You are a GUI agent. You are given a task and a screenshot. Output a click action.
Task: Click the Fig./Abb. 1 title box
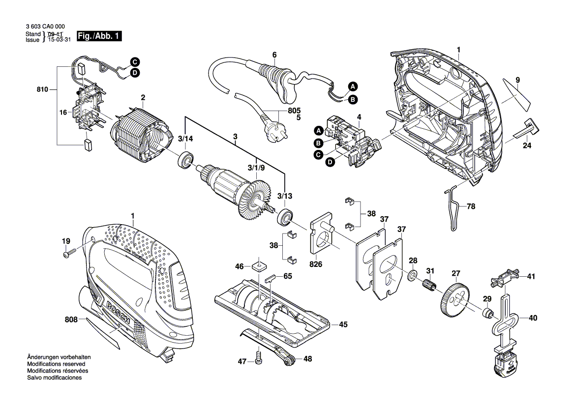click(99, 36)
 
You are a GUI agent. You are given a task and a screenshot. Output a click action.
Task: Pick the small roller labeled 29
click(488, 313)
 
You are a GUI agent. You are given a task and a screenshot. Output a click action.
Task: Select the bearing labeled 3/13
click(284, 216)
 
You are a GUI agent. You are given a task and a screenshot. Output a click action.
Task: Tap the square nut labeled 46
click(258, 266)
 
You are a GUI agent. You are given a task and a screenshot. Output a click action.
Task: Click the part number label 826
click(316, 264)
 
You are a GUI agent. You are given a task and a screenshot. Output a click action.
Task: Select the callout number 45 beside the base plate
click(343, 324)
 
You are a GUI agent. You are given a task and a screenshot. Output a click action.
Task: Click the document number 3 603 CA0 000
click(45, 27)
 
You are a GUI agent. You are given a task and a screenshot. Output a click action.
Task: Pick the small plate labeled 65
click(272, 277)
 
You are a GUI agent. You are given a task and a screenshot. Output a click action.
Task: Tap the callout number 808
click(71, 320)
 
